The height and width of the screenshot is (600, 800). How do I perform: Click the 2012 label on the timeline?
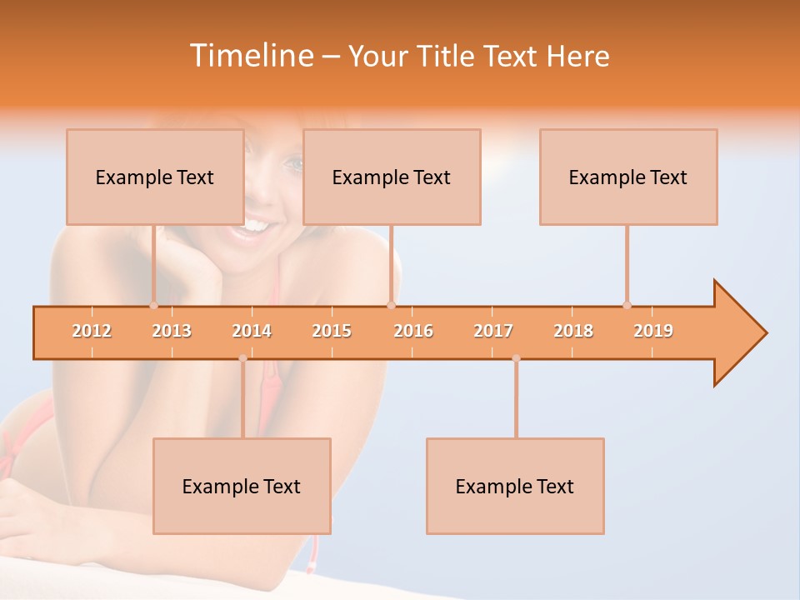point(92,331)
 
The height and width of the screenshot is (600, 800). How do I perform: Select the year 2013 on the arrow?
point(172,331)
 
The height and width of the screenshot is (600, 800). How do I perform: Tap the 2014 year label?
point(252,331)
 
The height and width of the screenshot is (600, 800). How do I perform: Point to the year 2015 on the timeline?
point(332,331)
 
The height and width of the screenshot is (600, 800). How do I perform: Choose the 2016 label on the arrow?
point(413,331)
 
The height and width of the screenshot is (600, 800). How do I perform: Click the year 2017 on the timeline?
point(493,331)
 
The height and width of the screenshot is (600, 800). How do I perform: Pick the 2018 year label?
point(573,331)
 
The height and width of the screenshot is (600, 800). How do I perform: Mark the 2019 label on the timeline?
point(653,331)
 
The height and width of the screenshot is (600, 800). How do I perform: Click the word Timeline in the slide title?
point(250,56)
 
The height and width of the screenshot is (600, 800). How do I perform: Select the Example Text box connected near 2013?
point(155,177)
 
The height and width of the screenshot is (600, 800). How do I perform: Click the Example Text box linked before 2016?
point(392,177)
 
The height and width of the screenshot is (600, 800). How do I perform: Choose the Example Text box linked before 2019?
point(628,177)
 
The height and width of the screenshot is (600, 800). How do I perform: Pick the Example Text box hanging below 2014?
point(242,486)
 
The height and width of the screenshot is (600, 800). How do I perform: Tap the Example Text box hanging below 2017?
point(515,486)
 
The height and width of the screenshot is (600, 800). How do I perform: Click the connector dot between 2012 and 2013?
point(153,305)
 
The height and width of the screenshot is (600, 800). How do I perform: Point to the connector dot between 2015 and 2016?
point(391,305)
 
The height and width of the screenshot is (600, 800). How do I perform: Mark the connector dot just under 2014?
point(242,358)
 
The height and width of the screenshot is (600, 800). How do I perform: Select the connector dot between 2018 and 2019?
point(627,305)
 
